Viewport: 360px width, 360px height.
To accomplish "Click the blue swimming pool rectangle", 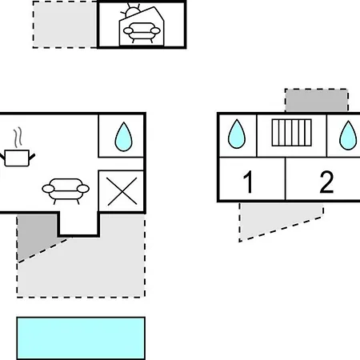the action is tap(81, 338).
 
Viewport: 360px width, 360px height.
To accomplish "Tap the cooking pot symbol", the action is tap(17, 158).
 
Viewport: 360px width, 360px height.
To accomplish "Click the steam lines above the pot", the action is tap(18, 138).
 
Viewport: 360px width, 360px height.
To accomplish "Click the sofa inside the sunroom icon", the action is tap(142, 32).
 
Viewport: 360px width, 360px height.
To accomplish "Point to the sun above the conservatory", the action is tap(130, 11).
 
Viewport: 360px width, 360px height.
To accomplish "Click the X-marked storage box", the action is tap(122, 191).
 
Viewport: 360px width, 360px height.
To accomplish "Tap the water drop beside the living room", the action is tap(123, 137).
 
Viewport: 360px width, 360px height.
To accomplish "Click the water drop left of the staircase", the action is tap(237, 134).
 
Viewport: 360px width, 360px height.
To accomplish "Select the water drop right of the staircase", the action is tap(348, 135).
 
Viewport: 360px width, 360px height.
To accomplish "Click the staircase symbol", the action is tap(291, 133).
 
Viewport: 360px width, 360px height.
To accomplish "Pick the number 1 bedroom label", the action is tap(249, 182).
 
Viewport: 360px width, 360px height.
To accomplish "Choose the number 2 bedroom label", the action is tap(326, 182).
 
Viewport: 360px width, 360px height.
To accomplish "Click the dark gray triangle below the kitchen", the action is tap(34, 234).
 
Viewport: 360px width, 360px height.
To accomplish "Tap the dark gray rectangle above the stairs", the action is tap(317, 100).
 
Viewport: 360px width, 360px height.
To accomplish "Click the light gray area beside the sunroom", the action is tap(65, 25).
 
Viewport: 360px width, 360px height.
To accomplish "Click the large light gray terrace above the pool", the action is tap(88, 266).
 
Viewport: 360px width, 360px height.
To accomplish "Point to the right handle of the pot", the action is tap(32, 157).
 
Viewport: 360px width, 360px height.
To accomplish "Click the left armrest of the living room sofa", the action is tap(48, 189).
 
